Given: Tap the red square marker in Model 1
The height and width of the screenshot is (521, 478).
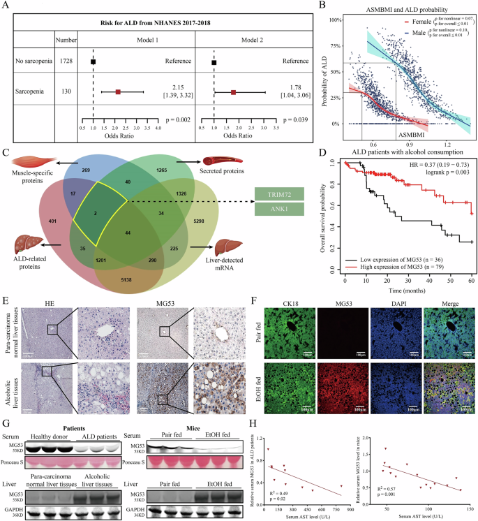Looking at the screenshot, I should pos(118,91).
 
